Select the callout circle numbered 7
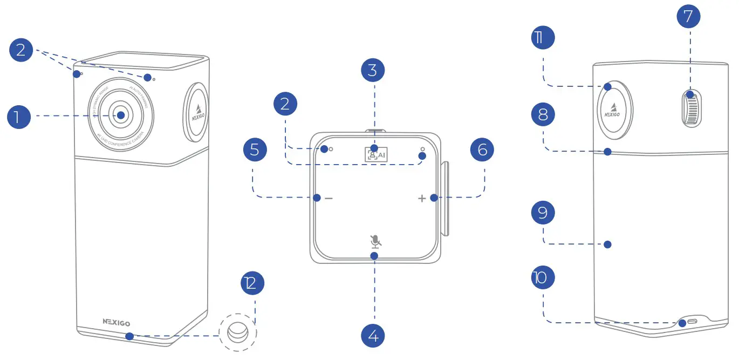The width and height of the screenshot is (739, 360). click(688, 17)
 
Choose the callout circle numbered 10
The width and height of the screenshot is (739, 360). click(543, 279)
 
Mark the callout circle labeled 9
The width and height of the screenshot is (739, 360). click(543, 212)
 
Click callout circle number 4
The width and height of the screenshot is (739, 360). click(373, 336)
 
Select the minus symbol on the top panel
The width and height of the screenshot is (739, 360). click(328, 198)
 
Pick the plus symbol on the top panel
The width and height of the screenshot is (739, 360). click(422, 199)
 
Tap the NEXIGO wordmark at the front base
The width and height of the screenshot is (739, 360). click(116, 322)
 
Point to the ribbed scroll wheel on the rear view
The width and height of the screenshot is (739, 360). click(691, 108)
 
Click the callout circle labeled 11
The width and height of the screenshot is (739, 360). click(543, 38)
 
